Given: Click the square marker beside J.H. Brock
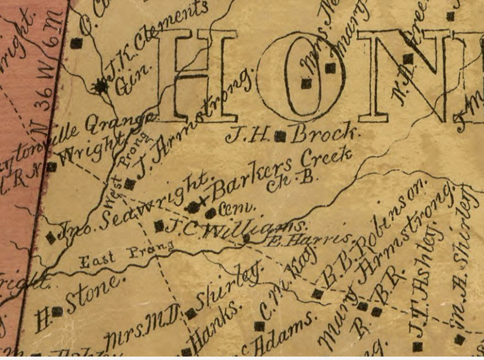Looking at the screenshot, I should coord(280,136).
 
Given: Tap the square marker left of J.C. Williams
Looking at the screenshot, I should coord(159,226).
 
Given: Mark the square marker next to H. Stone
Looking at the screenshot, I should coord(57,311).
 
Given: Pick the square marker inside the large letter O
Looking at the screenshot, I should coord(306,84).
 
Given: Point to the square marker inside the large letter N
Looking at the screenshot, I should coord(408,58).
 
